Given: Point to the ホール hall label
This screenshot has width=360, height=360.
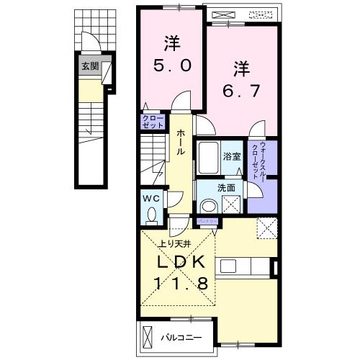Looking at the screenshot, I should pyautogui.click(x=179, y=143).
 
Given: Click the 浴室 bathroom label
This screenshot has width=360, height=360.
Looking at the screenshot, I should pyautogui.click(x=231, y=156).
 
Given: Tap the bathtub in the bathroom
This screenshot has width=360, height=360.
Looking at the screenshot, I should pyautogui.click(x=208, y=158).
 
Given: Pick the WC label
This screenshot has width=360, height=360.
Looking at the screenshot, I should pyautogui.click(x=151, y=197).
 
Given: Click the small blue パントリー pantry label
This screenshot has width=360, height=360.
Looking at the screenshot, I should pyautogui.click(x=207, y=221).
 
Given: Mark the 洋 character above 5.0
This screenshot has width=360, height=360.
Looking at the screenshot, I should pyautogui.click(x=171, y=42).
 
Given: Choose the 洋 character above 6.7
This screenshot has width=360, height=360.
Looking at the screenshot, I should pyautogui.click(x=240, y=69).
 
